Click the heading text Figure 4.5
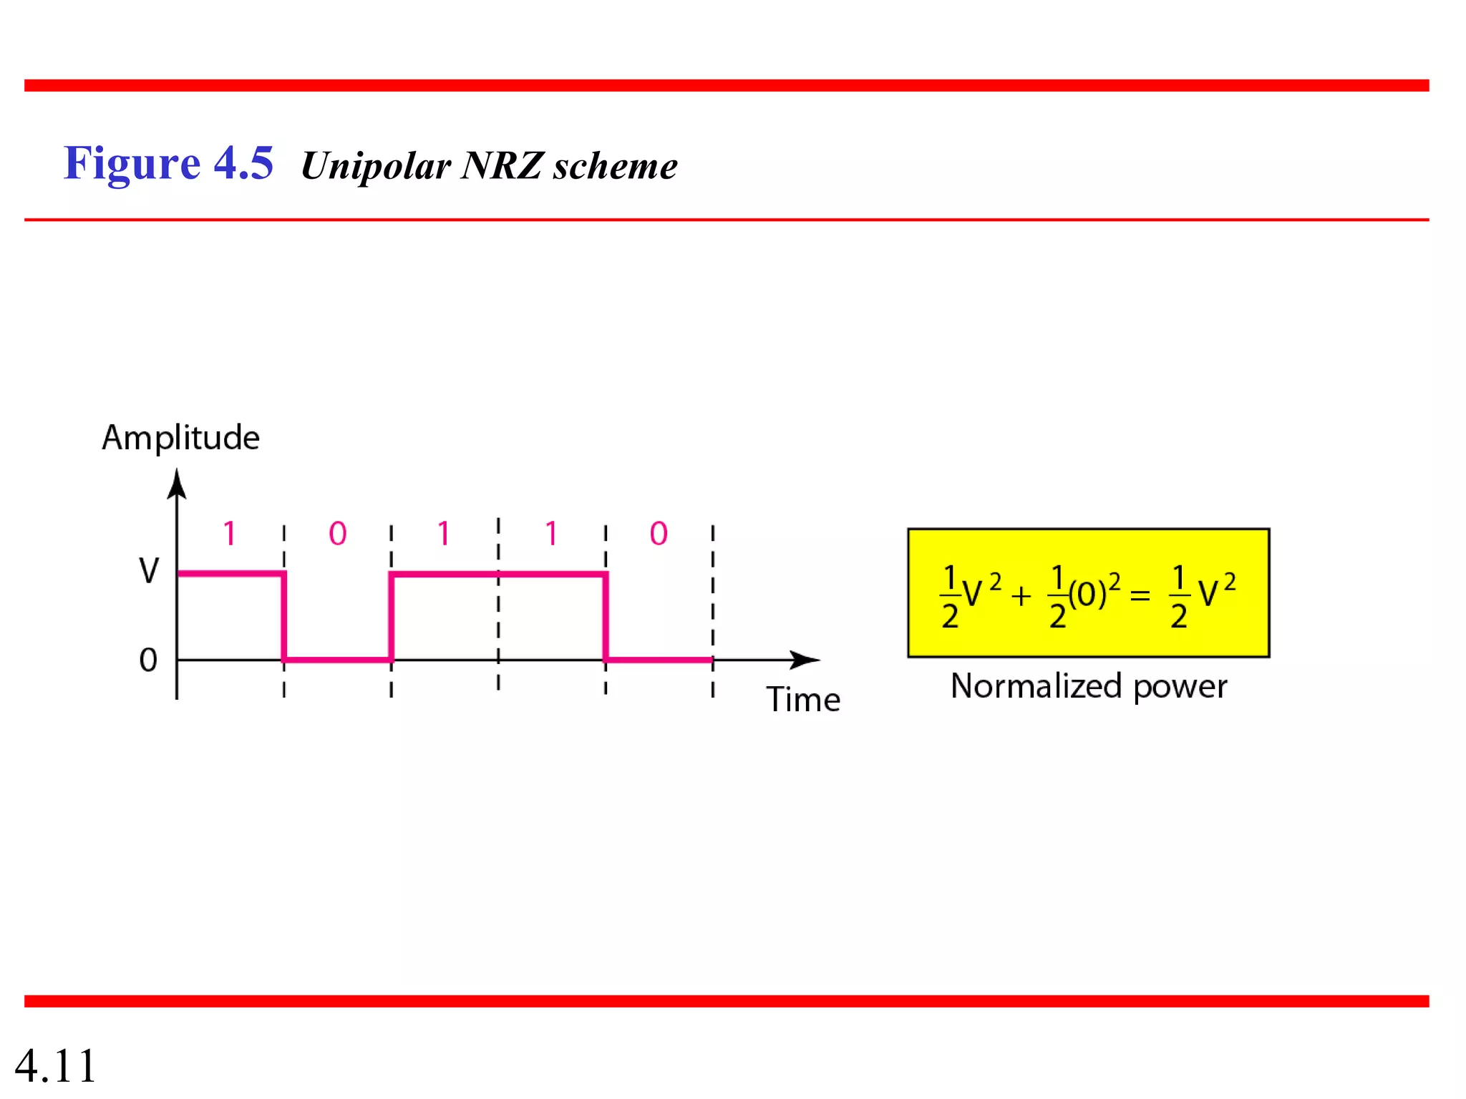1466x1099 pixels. pos(168,163)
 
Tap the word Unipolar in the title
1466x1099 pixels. pos(376,166)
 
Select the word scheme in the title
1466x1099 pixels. pos(615,166)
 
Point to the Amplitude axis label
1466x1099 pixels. pos(180,437)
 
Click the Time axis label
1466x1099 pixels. pos(803,699)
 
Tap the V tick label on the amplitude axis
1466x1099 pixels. pos(149,571)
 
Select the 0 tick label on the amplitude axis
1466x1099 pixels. pos(148,660)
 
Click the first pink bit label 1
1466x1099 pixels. pos(229,534)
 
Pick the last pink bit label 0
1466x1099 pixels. pos(659,534)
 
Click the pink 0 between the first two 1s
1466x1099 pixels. pos(337,534)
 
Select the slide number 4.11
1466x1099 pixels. pos(56,1066)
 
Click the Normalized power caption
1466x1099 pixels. pos(1088,686)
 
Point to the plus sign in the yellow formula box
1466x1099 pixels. pos(1021,595)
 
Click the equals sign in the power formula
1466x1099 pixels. pos(1140,595)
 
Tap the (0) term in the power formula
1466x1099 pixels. pos(1087,594)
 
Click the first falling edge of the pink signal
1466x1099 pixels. pos(284,617)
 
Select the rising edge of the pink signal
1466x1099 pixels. pos(391,617)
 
